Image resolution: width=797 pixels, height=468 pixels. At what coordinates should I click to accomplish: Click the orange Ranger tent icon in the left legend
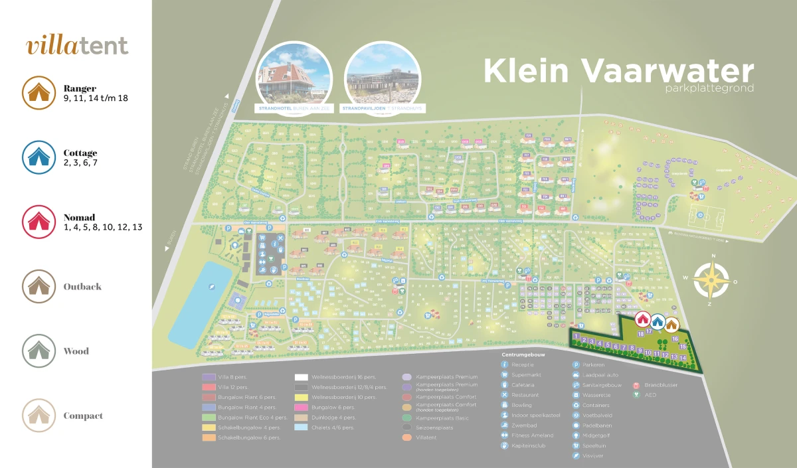[39, 92]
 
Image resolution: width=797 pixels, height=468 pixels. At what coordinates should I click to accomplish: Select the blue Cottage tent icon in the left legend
[39, 157]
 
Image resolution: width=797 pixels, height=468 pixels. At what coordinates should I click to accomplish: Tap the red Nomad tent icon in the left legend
[39, 221]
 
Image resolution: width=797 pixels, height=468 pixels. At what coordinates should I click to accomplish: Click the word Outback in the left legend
[82, 287]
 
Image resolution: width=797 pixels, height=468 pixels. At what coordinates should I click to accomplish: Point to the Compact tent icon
[39, 416]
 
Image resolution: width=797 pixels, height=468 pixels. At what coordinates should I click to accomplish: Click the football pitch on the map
[706, 216]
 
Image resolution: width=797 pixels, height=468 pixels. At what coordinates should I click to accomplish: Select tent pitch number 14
[683, 358]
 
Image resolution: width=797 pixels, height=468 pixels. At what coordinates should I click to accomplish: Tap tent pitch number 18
[641, 334]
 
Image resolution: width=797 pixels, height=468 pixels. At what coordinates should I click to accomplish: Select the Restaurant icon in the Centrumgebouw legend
[505, 395]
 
